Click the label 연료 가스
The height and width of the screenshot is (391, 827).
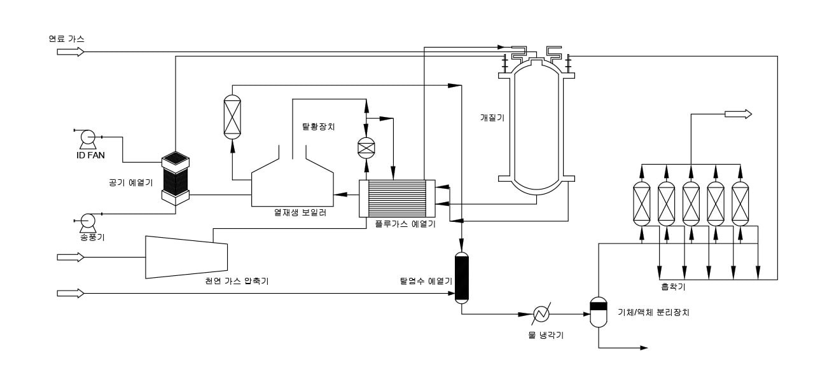pos(66,39)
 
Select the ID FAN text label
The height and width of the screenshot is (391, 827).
pos(90,155)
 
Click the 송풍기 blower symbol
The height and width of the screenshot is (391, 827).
pos(88,222)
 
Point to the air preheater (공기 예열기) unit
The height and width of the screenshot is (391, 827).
pos(176,178)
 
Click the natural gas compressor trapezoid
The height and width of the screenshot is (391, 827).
pos(186,257)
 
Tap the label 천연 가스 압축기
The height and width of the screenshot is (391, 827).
pos(237,281)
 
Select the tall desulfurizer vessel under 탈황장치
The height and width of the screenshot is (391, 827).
pos(232,117)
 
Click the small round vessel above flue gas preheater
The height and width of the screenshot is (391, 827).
pos(366,148)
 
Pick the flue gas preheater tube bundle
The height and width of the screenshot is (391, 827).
pos(397,198)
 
